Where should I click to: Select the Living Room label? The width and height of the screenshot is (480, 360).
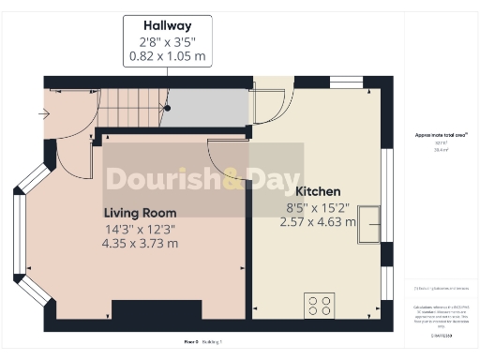(140, 213)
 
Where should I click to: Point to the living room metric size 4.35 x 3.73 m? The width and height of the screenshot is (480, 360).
(142, 244)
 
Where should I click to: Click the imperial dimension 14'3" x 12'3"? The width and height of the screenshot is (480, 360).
(141, 229)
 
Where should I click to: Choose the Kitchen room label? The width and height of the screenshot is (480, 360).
(318, 190)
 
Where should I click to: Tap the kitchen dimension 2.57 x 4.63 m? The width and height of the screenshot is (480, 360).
(318, 222)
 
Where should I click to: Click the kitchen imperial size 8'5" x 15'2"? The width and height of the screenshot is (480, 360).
(318, 206)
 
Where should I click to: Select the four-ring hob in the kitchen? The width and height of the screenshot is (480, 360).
(320, 306)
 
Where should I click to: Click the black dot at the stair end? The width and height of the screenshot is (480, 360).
(168, 108)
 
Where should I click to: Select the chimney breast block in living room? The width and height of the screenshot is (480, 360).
(156, 310)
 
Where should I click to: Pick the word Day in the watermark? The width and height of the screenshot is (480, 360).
(273, 178)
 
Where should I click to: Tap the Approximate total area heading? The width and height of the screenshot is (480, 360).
(442, 135)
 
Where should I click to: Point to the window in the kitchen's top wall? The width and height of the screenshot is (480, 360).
(345, 82)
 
